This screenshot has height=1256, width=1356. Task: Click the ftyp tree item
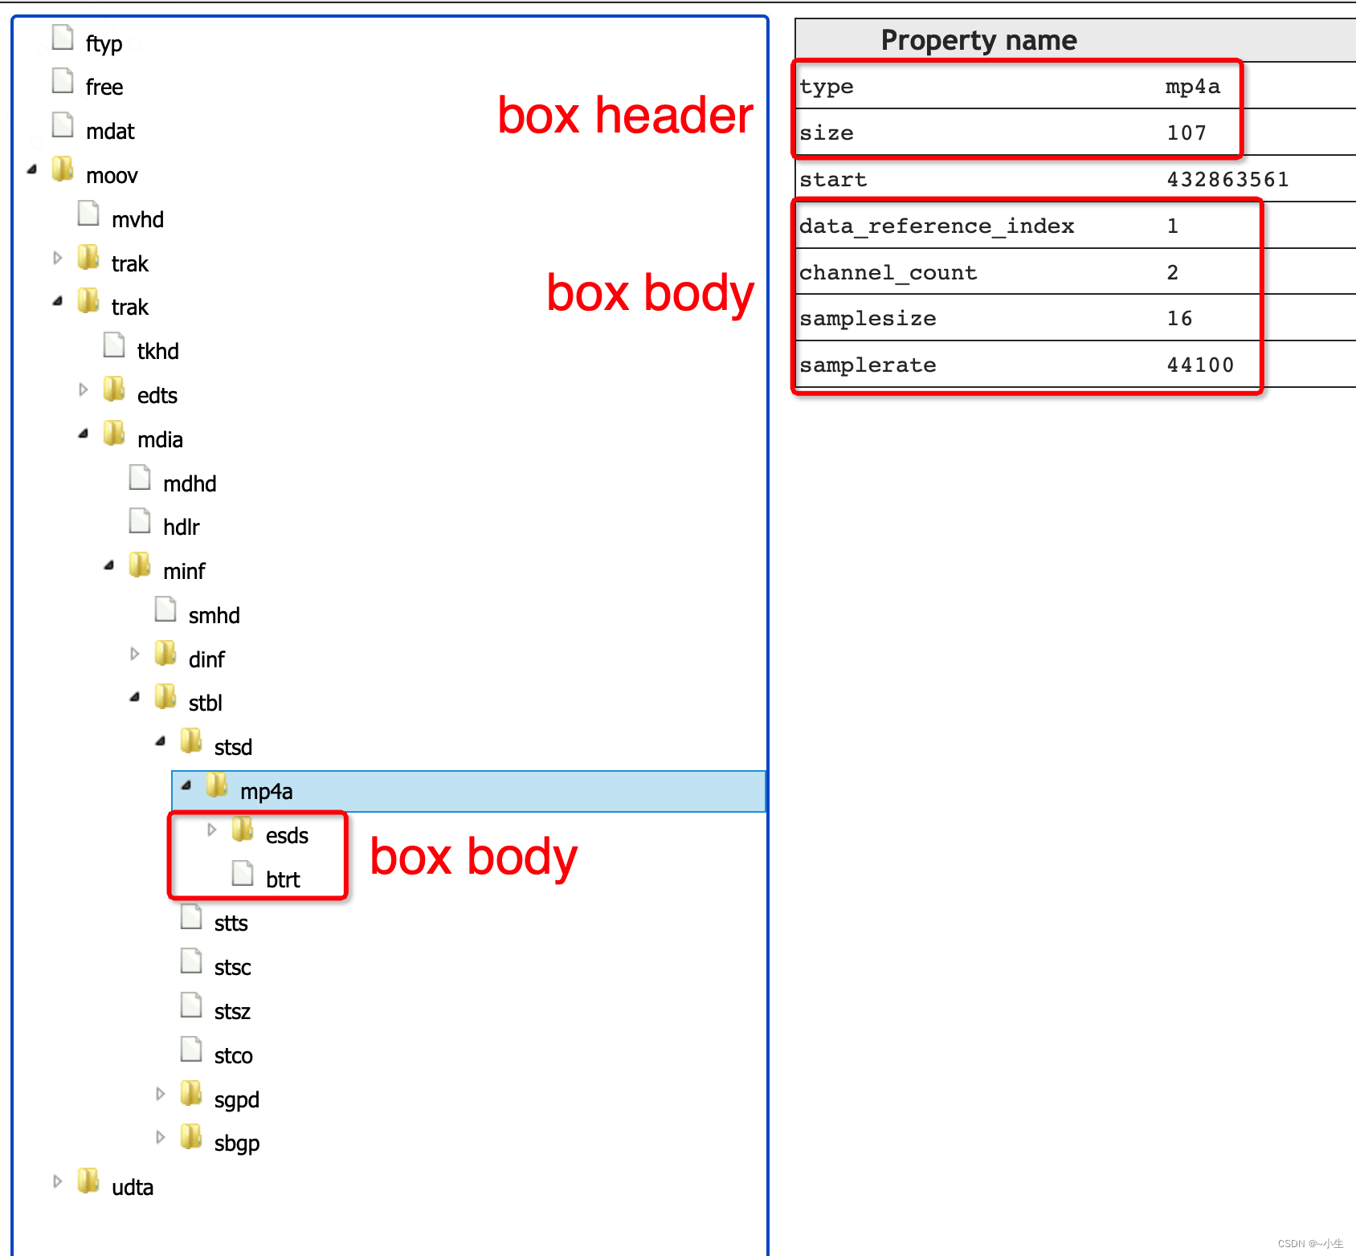pyautogui.click(x=104, y=43)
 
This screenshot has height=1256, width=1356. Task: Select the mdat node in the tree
pyautogui.click(x=110, y=131)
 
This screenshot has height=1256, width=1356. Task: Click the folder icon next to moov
pyautogui.click(x=63, y=169)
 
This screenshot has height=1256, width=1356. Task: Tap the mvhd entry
pyautogui.click(x=137, y=219)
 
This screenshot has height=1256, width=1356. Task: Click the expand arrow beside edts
pyautogui.click(x=84, y=390)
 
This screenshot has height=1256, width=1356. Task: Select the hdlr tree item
pyautogui.click(x=181, y=527)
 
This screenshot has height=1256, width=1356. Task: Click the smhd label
pyautogui.click(x=214, y=615)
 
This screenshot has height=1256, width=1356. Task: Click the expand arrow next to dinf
pyautogui.click(x=135, y=655)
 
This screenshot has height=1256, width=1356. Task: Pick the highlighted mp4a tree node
pyautogui.click(x=266, y=792)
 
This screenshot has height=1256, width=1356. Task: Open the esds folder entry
pyautogui.click(x=287, y=836)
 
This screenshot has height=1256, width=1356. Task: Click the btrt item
pyautogui.click(x=283, y=880)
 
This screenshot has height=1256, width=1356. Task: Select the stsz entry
pyautogui.click(x=232, y=1012)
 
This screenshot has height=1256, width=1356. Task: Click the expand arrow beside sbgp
pyautogui.click(x=161, y=1138)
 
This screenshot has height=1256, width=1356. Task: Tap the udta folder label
pyautogui.click(x=132, y=1188)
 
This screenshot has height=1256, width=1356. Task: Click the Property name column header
pyautogui.click(x=978, y=40)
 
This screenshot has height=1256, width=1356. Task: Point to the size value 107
pyautogui.click(x=1186, y=133)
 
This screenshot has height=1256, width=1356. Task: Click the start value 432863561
pyautogui.click(x=1227, y=180)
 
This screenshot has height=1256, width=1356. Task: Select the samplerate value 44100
pyautogui.click(x=1200, y=365)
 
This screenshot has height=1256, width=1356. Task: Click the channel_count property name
pyautogui.click(x=888, y=273)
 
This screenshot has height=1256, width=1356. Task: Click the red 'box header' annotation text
pyautogui.click(x=625, y=116)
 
